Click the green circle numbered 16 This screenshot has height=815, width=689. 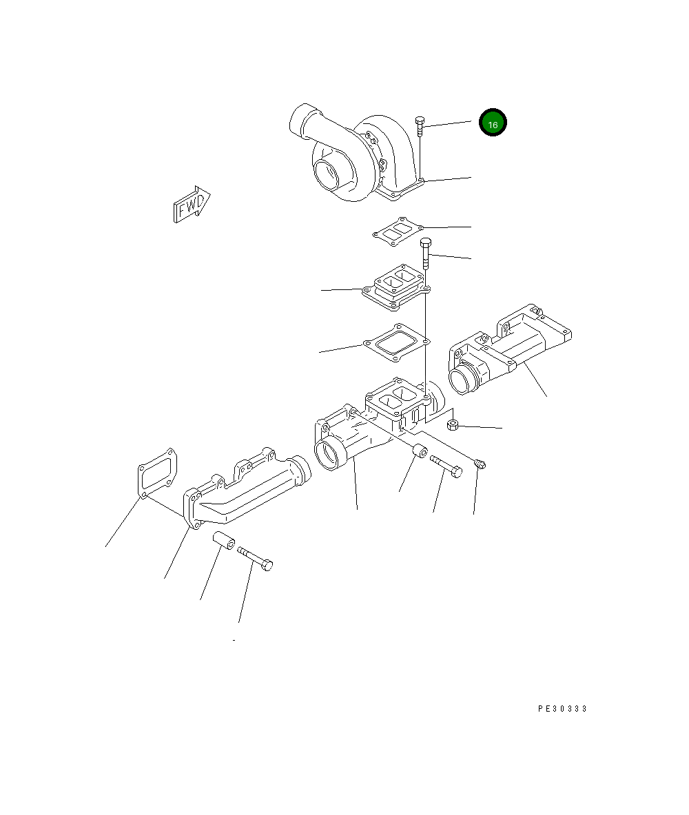pos(493,123)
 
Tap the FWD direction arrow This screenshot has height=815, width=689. pos(192,205)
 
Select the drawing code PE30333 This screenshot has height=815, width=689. pos(563,708)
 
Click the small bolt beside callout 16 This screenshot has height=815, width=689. pos(420,127)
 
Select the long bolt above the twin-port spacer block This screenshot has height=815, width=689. pos(426,253)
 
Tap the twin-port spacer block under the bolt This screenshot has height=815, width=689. pos(396,288)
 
